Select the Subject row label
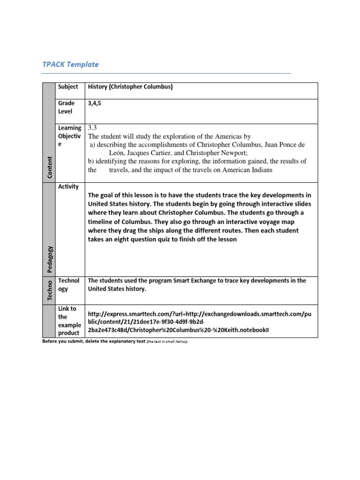(68, 87)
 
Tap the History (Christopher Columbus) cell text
(130, 87)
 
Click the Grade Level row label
(66, 107)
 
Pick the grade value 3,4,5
(94, 103)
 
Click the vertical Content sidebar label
(49, 166)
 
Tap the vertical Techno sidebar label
(49, 290)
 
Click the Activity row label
(68, 187)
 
